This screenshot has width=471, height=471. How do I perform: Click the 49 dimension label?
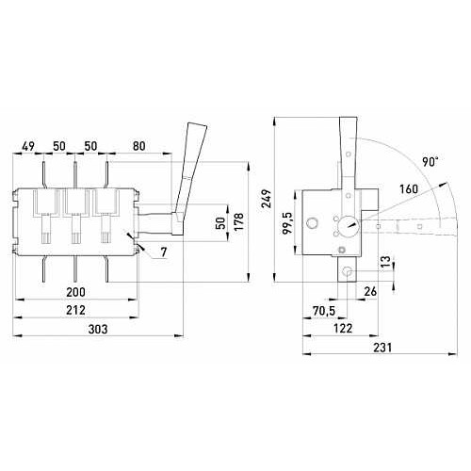(28, 146)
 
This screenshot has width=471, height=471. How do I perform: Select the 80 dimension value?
(138, 146)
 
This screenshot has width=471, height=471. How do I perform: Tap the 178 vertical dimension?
(239, 221)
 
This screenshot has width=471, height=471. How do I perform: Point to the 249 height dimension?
(267, 199)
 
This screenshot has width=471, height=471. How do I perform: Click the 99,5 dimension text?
(287, 223)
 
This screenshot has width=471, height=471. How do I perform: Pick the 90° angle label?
(430, 162)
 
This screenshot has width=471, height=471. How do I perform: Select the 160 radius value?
(409, 189)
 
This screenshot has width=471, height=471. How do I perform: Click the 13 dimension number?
(386, 261)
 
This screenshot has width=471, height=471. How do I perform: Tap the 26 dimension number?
(370, 291)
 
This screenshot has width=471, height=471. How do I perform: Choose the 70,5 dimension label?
(324, 311)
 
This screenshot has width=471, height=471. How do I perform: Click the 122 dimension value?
(343, 329)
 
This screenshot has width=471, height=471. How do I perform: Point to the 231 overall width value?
(382, 348)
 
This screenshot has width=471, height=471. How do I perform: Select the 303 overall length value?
(98, 330)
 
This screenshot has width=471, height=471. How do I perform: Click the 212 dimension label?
(75, 311)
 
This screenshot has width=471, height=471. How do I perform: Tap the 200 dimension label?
(75, 292)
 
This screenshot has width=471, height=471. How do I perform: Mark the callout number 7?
(164, 252)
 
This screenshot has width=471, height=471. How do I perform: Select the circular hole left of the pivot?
(312, 223)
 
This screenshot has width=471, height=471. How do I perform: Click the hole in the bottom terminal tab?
(348, 271)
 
